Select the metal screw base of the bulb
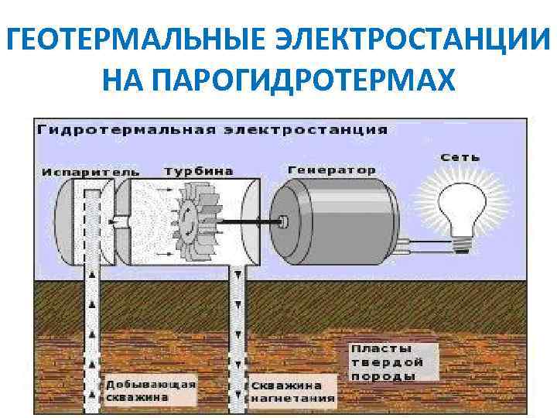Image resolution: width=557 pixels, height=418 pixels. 463,243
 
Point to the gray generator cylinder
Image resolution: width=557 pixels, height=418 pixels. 333,219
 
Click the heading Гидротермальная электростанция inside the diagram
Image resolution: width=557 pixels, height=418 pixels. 213,128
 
